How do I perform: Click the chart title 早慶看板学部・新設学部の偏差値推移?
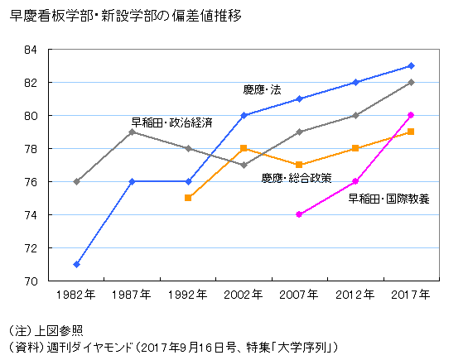coord(125,15)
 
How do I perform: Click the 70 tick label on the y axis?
coord(31,281)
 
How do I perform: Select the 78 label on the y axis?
coord(31,149)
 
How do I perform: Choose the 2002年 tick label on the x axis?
coord(244,295)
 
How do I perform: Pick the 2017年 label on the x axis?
coord(411,295)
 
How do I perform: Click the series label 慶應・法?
coord(261,89)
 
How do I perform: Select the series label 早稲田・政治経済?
coord(171,122)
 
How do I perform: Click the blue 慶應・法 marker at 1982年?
coord(76,264)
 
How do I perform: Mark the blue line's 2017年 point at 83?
coord(411,65)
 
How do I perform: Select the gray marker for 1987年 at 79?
coord(133,132)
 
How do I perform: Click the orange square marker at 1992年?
coord(188,198)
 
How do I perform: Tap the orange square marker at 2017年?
coord(411,132)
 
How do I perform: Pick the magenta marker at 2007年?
coord(299,214)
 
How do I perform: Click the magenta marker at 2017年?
coord(411,115)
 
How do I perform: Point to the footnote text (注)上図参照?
coord(46,329)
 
